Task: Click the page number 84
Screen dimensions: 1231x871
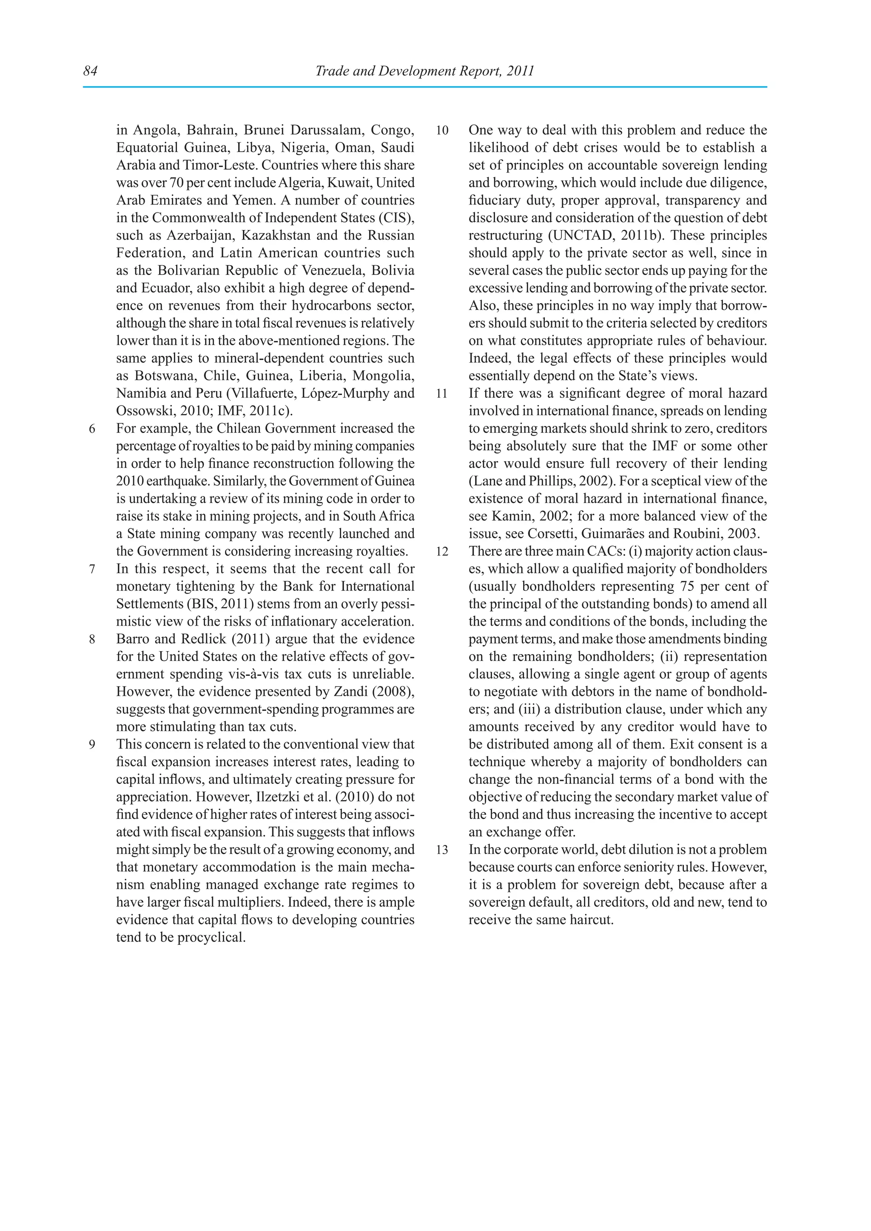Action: coord(90,71)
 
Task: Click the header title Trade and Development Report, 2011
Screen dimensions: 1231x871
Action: coord(424,71)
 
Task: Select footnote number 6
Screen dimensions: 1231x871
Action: coord(92,429)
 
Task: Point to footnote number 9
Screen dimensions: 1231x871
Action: coord(92,745)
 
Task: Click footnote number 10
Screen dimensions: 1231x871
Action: coord(442,131)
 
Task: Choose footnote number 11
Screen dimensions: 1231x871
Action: coord(442,394)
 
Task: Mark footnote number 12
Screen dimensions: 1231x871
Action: coord(442,552)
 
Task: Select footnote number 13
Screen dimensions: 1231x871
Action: coord(442,850)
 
